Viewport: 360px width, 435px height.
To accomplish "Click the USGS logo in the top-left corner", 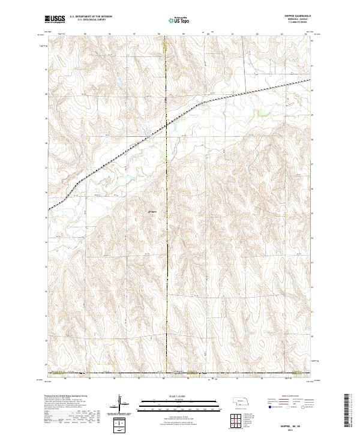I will tap(55, 19).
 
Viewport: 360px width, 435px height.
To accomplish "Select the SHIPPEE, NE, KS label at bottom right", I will tap(297, 424).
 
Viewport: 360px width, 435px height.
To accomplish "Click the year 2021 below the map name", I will tap(297, 428).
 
